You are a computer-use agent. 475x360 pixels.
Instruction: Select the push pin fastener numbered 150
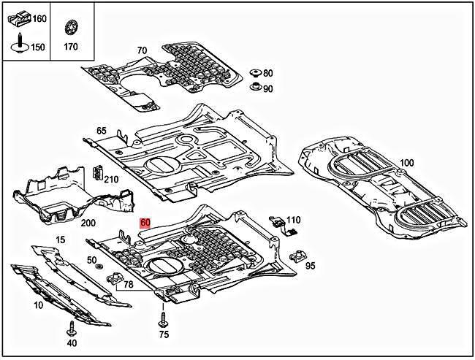pos(17,46)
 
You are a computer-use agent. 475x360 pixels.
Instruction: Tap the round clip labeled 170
pos(71,28)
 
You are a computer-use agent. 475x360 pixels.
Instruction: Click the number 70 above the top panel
pos(142,50)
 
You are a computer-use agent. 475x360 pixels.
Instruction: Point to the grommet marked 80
pos(255,74)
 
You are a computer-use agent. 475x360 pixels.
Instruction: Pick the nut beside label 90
pos(255,88)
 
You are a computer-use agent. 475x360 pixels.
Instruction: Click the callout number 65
pos(102,131)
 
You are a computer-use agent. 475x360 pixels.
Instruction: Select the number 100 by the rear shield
pos(407,162)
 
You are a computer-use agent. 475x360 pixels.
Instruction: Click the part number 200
pos(88,223)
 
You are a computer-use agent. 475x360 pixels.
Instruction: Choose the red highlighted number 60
pos(145,223)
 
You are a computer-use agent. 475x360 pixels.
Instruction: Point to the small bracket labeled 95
pos(297,258)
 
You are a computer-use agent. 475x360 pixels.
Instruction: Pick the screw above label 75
pos(163,321)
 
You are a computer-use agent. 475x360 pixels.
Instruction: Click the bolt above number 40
pos(71,328)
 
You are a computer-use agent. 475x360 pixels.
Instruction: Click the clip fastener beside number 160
pos(19,18)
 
